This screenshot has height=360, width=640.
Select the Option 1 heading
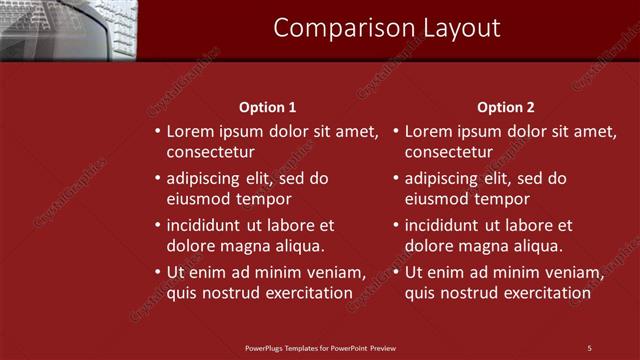tap(268, 107)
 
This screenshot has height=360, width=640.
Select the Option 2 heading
tap(506, 107)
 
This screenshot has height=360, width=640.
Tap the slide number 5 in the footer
tap(589, 348)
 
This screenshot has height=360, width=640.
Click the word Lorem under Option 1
tap(190, 131)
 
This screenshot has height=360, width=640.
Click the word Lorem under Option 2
tap(428, 131)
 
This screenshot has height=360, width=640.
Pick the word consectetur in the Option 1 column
tap(211, 153)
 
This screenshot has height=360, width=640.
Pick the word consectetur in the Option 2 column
tap(449, 153)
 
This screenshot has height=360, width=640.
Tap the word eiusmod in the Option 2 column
tap(437, 199)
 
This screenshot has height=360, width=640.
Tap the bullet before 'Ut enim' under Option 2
tap(396, 272)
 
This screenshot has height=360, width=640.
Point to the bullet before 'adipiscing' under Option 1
tap(158, 179)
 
